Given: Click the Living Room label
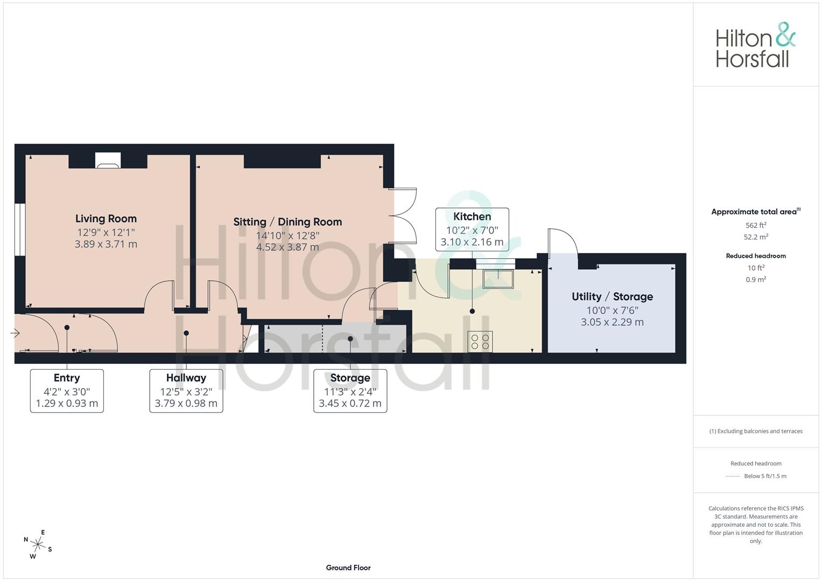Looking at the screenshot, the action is (106, 218).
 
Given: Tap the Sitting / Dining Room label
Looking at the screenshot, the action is (287, 222).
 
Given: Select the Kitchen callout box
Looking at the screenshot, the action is (472, 229).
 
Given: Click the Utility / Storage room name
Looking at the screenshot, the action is (612, 296).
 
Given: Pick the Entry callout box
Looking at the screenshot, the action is (67, 391).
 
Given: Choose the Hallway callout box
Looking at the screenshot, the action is (186, 391).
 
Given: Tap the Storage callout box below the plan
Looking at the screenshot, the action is (350, 391).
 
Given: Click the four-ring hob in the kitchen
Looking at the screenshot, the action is (480, 342).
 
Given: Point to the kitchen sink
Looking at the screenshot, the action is (498, 279).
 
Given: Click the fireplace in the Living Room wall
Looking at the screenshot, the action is (108, 160).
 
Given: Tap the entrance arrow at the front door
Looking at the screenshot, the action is (15, 333).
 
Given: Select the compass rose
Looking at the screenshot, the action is (38, 544).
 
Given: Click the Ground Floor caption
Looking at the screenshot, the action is (348, 568).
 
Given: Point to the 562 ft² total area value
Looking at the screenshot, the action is (756, 225).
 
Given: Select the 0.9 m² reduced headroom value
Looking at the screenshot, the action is (756, 280).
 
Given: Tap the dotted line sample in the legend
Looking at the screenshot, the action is (733, 477).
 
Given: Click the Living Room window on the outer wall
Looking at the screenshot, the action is (20, 229).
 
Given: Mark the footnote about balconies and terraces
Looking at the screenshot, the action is (756, 431).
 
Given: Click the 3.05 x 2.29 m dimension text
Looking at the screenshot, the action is (612, 322).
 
